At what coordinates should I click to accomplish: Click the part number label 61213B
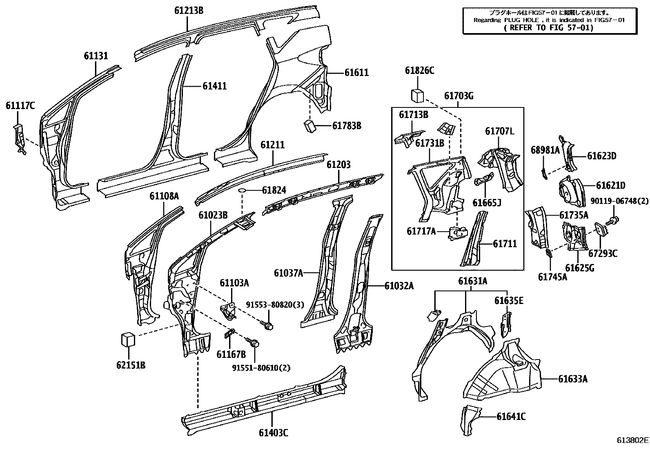(x=189, y=11)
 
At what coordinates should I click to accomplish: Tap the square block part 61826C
(x=417, y=96)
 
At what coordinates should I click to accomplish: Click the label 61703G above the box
(x=459, y=96)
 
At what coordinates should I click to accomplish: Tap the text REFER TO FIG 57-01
(x=549, y=28)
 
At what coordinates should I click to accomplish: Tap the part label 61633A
(x=573, y=379)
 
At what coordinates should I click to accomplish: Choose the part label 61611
(x=356, y=73)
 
